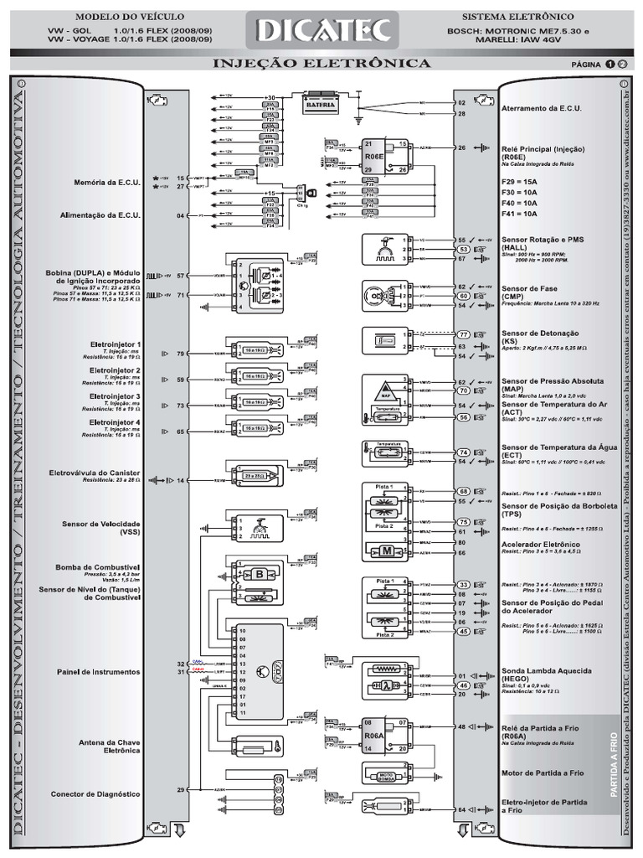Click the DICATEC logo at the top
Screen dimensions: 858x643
pyautogui.click(x=321, y=32)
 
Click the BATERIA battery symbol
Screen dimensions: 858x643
pyautogui.click(x=321, y=104)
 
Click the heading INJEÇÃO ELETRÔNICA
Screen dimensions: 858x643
pyautogui.click(x=322, y=64)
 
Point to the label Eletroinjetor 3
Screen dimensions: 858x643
pyautogui.click(x=116, y=396)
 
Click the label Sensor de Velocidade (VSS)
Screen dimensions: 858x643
pyautogui.click(x=101, y=528)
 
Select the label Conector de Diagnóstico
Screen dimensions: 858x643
pyautogui.click(x=95, y=794)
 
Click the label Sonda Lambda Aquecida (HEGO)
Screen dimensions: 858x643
pyautogui.click(x=558, y=675)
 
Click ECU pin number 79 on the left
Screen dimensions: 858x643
pyautogui.click(x=180, y=354)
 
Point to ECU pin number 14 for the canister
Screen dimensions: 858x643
pyautogui.click(x=180, y=481)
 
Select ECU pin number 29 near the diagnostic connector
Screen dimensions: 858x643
pyautogui.click(x=180, y=789)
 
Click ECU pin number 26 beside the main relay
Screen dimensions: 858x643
pyautogui.click(x=462, y=147)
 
